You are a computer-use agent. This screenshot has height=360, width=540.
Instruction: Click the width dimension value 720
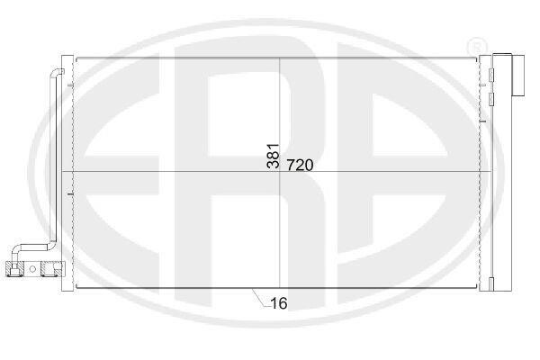[300, 166]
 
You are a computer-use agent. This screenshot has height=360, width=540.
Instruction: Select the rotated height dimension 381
[273, 156]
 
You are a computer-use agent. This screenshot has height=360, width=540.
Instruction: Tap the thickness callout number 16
[279, 303]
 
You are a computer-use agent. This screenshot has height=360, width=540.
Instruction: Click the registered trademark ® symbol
[477, 46]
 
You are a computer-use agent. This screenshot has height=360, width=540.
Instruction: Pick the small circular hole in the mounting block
[32, 269]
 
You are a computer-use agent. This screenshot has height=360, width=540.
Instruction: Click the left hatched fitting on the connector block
[14, 269]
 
